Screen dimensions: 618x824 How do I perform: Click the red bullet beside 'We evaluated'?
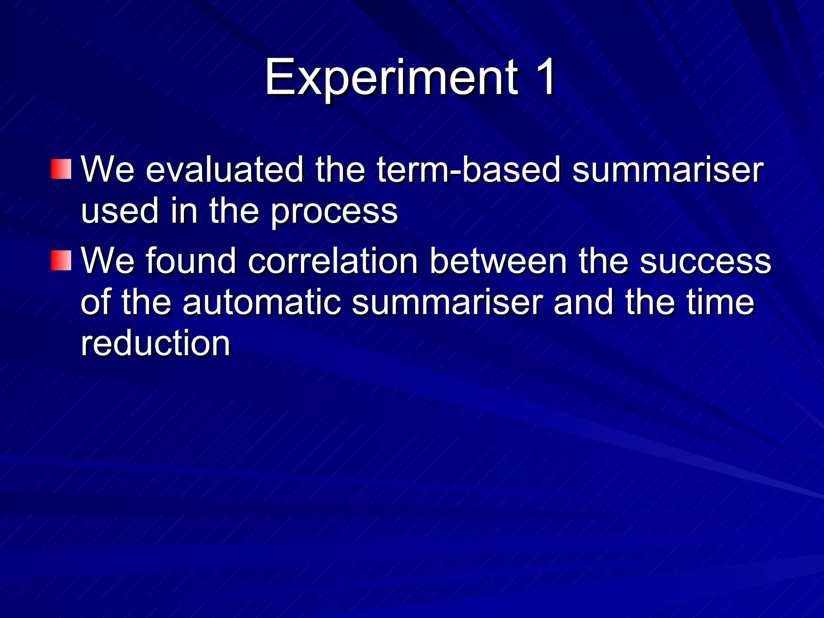pyautogui.click(x=61, y=169)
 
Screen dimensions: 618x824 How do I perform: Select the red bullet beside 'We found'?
pyautogui.click(x=61, y=260)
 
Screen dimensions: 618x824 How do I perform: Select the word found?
pyautogui.click(x=191, y=261)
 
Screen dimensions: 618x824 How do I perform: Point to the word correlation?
pyautogui.click(x=333, y=261)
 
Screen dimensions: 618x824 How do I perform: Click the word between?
pyautogui.click(x=498, y=261)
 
